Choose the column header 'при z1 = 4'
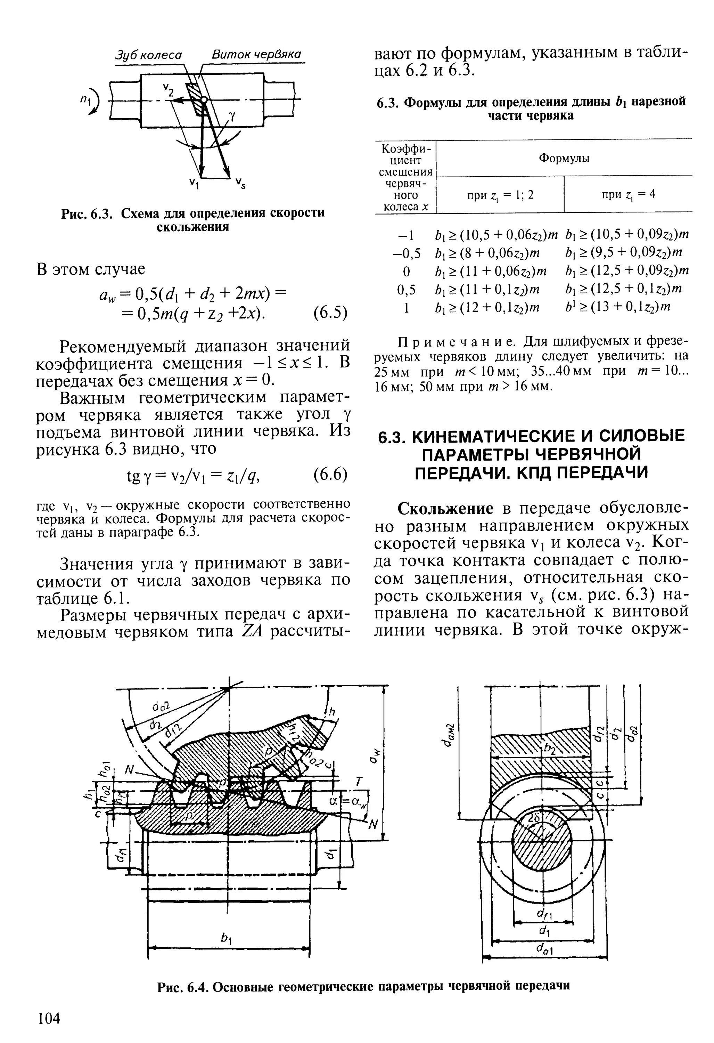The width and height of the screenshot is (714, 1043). point(628,194)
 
